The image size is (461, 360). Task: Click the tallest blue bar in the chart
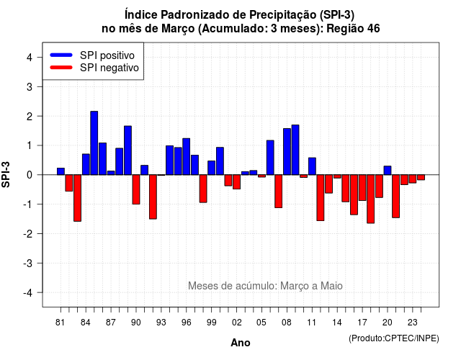(x=94, y=143)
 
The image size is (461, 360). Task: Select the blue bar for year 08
(x=287, y=152)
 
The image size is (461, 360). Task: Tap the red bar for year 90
(x=136, y=189)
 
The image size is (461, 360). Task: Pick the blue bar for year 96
(x=186, y=157)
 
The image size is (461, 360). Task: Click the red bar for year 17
(x=362, y=188)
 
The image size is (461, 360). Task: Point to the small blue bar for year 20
(x=388, y=171)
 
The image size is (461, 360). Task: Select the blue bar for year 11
(x=312, y=166)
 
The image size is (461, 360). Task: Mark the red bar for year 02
(x=237, y=182)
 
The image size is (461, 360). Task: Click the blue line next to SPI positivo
(x=61, y=55)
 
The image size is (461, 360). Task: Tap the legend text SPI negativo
(x=109, y=68)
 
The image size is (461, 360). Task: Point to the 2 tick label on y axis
(x=30, y=117)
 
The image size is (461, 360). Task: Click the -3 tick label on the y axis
(x=28, y=264)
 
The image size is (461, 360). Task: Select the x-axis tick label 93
(x=161, y=323)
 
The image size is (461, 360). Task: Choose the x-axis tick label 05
(x=261, y=323)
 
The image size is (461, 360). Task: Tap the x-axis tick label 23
(x=413, y=323)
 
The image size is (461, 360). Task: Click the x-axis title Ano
(x=241, y=343)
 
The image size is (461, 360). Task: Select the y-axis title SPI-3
(x=6, y=174)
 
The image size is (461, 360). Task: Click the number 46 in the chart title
(x=373, y=29)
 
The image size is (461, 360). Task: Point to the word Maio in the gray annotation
(x=331, y=286)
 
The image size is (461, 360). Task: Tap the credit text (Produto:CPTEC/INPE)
(x=394, y=338)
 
